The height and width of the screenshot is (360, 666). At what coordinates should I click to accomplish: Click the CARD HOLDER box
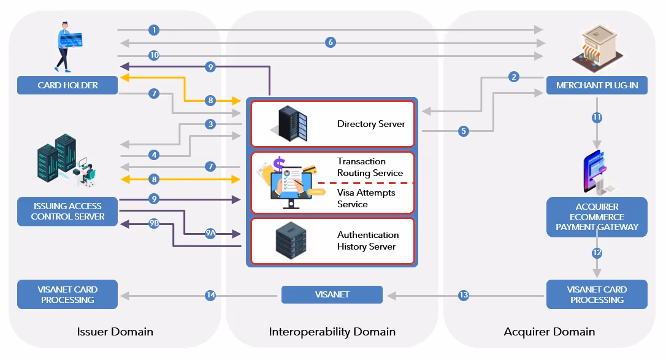pyautogui.click(x=67, y=85)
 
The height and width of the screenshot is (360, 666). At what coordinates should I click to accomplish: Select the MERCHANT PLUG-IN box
pyautogui.click(x=597, y=85)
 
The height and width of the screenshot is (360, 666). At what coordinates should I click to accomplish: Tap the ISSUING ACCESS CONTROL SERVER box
pyautogui.click(x=67, y=211)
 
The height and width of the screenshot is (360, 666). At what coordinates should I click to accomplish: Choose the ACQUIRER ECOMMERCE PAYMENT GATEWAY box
pyautogui.click(x=597, y=216)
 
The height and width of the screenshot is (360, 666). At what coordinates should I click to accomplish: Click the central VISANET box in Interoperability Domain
pyautogui.click(x=332, y=294)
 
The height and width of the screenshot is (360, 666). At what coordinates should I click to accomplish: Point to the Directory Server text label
pyautogui.click(x=371, y=124)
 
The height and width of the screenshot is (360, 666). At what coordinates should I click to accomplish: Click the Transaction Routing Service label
pyautogui.click(x=370, y=167)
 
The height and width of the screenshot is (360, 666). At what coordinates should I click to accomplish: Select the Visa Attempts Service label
pyautogui.click(x=366, y=198)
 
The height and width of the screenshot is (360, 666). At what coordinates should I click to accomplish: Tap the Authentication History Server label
pyautogui.click(x=367, y=240)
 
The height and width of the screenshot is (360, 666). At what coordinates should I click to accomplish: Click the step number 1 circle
pyautogui.click(x=154, y=29)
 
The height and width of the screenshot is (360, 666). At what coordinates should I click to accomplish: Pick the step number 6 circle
pyautogui.click(x=331, y=42)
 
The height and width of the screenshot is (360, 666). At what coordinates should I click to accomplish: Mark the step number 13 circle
pyautogui.click(x=464, y=296)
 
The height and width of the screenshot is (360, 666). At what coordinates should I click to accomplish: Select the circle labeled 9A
pyautogui.click(x=210, y=234)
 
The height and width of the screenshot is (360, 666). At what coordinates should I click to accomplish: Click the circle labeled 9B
pyautogui.click(x=154, y=224)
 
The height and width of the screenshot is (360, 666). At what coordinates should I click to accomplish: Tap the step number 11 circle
pyautogui.click(x=597, y=117)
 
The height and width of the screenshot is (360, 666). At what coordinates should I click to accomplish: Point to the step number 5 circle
pyautogui.click(x=464, y=131)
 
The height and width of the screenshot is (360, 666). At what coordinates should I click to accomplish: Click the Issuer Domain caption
pyautogui.click(x=115, y=332)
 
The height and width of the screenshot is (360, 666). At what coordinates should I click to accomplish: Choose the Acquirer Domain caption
pyautogui.click(x=549, y=332)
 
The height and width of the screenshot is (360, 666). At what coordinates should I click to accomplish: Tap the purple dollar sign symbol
pyautogui.click(x=279, y=164)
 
